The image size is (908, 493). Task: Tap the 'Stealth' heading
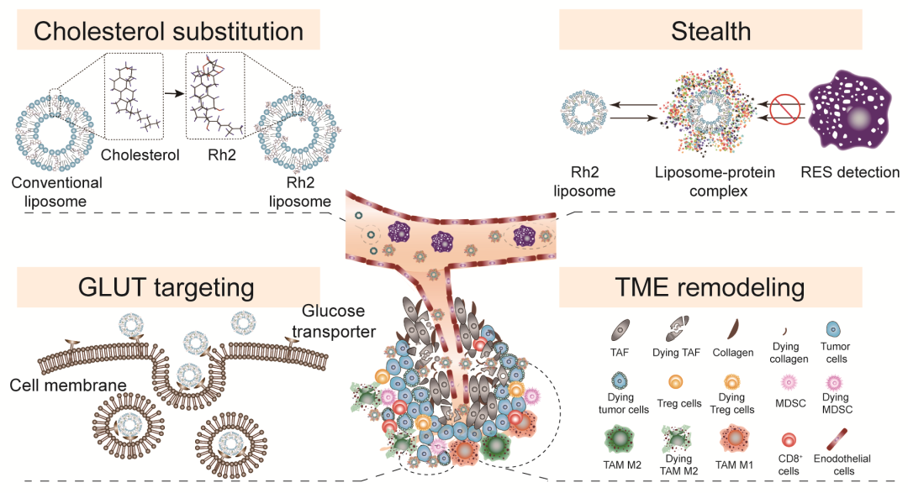tap(711, 31)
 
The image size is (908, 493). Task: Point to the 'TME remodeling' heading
tap(711, 288)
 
